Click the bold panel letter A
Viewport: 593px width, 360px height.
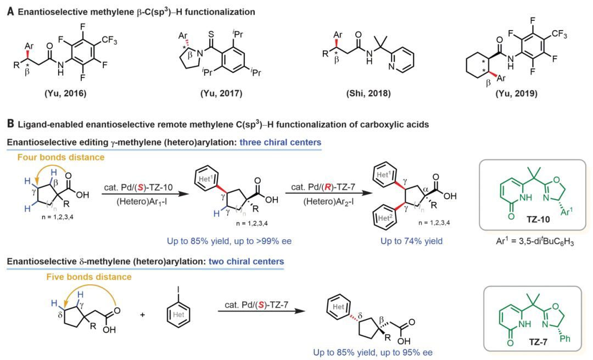(x=9, y=12)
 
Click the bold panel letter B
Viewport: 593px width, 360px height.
(x=9, y=125)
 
